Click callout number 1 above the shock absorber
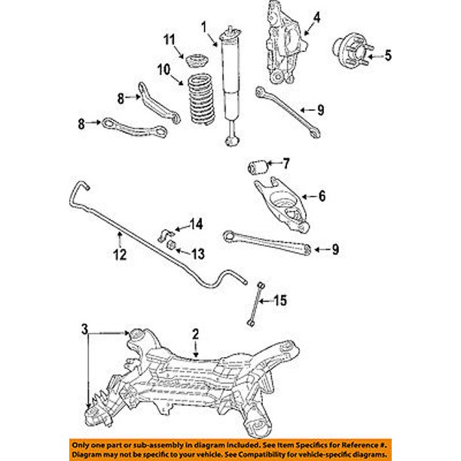tap(203, 27)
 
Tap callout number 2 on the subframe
tap(194, 333)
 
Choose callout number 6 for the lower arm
tap(322, 197)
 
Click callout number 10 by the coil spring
tap(164, 70)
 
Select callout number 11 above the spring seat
tap(169, 39)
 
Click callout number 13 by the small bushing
tap(199, 252)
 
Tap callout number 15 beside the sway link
tap(280, 301)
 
